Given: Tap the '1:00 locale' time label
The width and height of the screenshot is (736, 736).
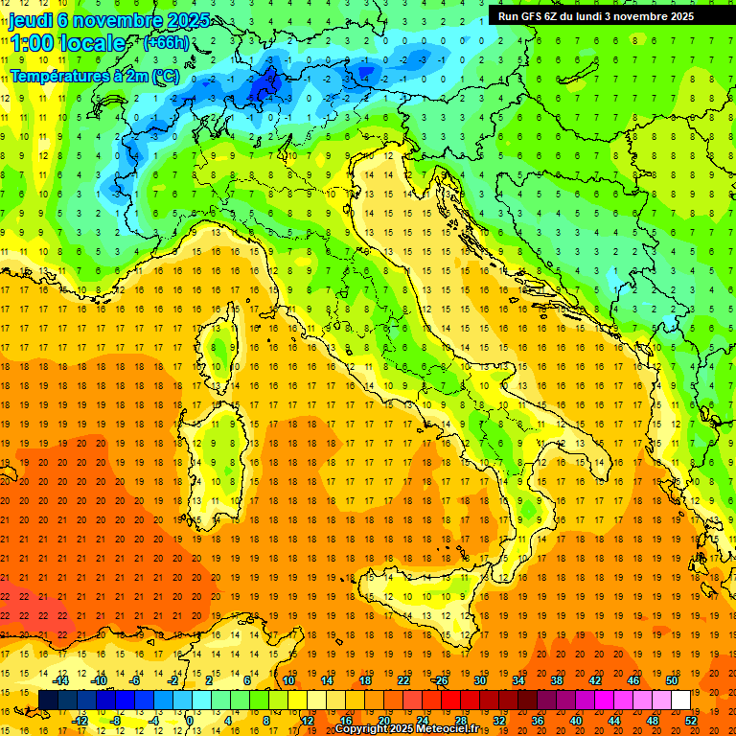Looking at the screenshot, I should (67, 43).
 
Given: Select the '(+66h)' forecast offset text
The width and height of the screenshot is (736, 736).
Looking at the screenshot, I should (166, 43).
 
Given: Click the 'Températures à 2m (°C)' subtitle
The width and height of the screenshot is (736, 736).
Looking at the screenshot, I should (94, 74).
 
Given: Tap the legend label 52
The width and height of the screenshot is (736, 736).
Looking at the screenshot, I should (691, 720).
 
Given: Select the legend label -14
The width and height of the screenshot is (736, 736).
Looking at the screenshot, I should (60, 680).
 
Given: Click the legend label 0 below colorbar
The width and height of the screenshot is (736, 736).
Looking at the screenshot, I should (190, 720).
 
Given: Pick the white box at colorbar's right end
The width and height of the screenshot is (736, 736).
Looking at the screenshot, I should (681, 701).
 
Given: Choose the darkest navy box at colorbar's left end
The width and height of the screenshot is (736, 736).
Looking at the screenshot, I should (48, 701).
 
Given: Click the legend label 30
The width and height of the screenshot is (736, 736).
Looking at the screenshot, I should (479, 680).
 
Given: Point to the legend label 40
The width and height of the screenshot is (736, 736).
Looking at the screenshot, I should (576, 720).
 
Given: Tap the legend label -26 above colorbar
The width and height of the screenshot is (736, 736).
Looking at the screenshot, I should (440, 680).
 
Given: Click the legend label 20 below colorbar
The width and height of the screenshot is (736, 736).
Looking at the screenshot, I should (383, 720).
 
